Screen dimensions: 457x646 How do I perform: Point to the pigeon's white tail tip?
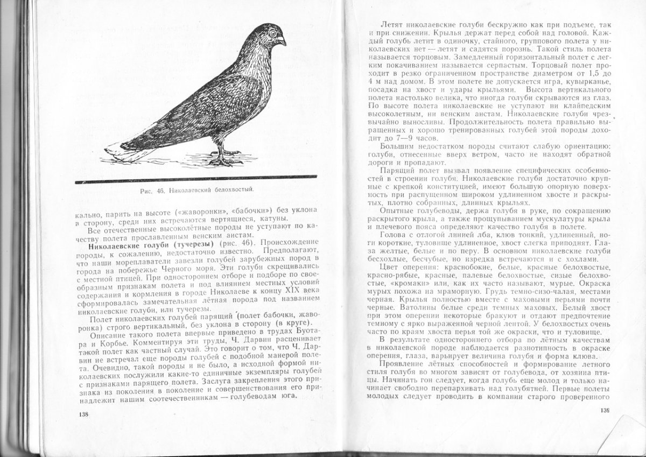[x=121, y=154]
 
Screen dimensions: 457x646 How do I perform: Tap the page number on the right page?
[x=604, y=411]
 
